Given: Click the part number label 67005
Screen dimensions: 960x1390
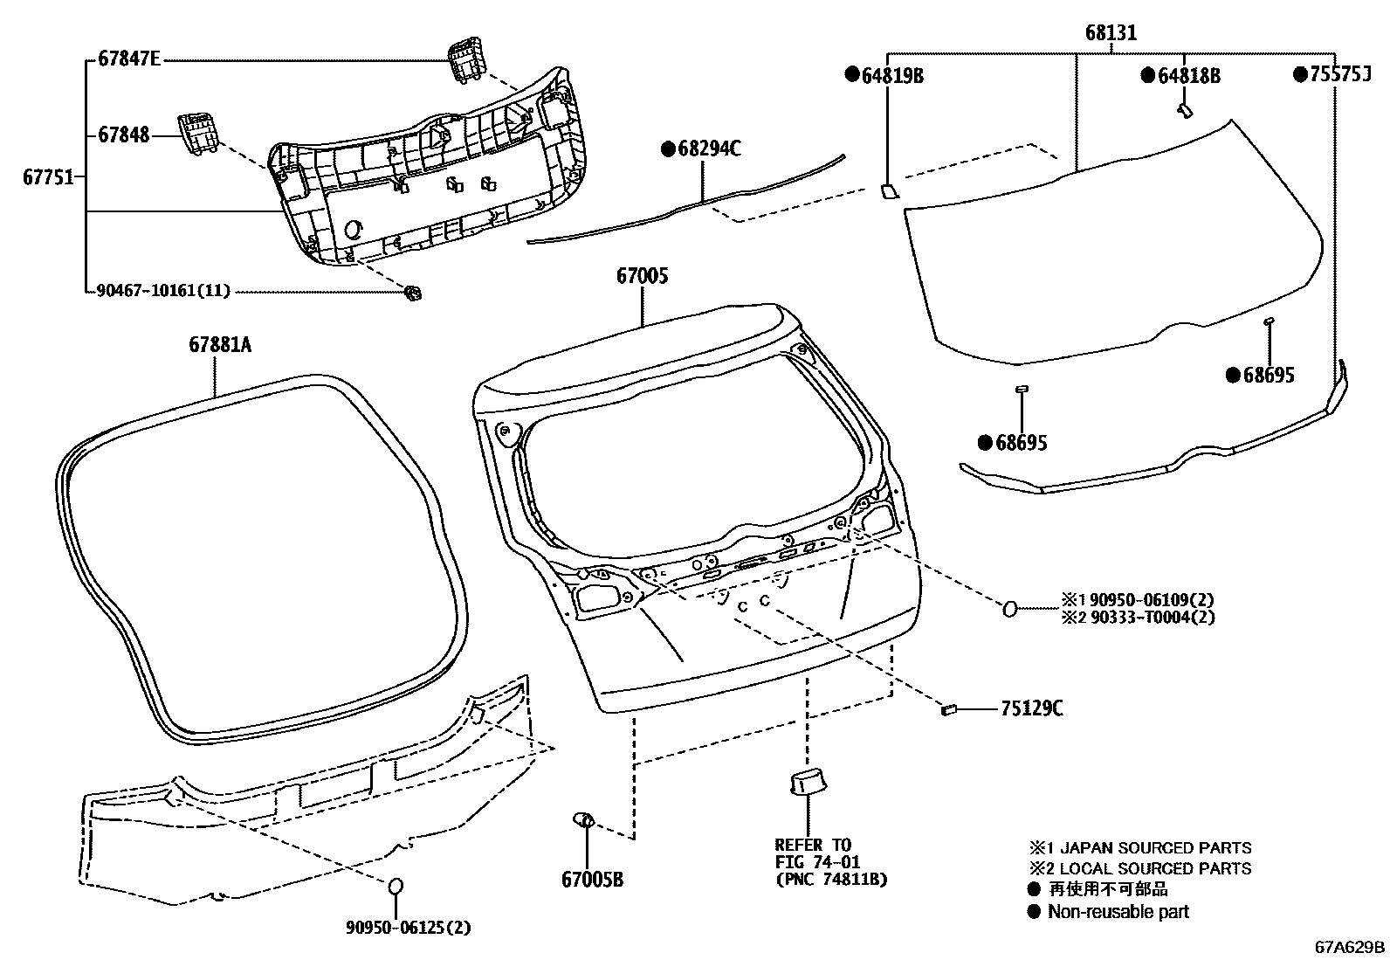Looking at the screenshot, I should click(643, 277).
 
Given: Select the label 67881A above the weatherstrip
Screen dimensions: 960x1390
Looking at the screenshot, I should click(219, 345).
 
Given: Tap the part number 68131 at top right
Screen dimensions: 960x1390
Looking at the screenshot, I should click(1111, 33).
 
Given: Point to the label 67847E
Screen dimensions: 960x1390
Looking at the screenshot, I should click(129, 60).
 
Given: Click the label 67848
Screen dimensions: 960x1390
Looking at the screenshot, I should click(123, 135).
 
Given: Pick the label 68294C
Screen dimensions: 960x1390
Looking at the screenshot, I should click(709, 149).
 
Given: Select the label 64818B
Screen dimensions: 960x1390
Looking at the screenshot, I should click(1188, 76).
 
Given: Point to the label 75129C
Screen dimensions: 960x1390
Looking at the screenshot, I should click(1031, 708).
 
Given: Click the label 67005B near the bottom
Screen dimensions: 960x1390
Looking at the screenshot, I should click(592, 880).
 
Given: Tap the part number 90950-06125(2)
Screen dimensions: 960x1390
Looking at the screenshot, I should click(407, 928).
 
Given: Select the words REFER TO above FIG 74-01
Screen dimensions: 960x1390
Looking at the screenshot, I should click(812, 845).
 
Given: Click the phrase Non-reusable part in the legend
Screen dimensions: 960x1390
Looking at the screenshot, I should click(1118, 911).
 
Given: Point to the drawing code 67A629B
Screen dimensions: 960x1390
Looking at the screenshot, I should click(1350, 947).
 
